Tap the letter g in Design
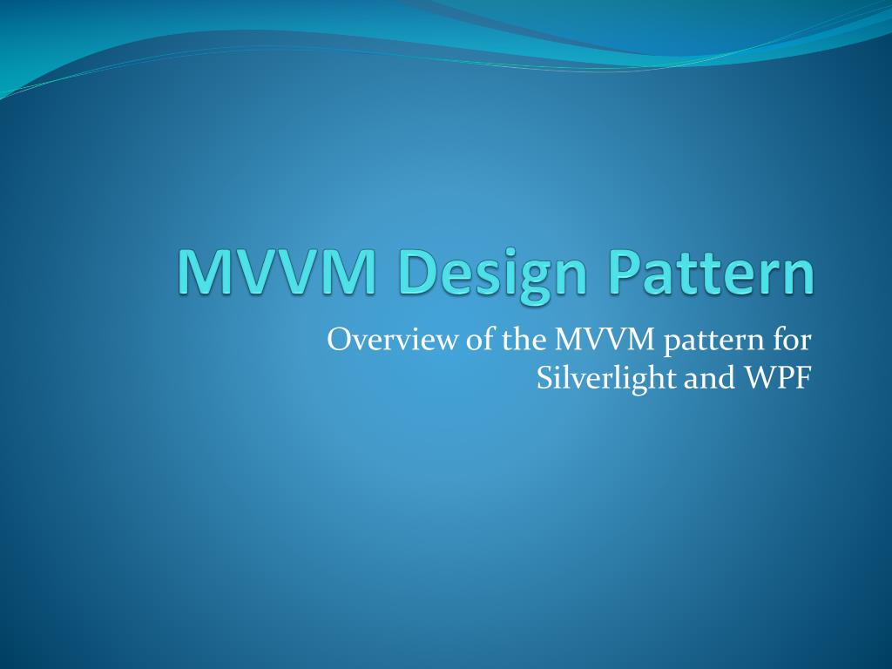pyautogui.click(x=525, y=279)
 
